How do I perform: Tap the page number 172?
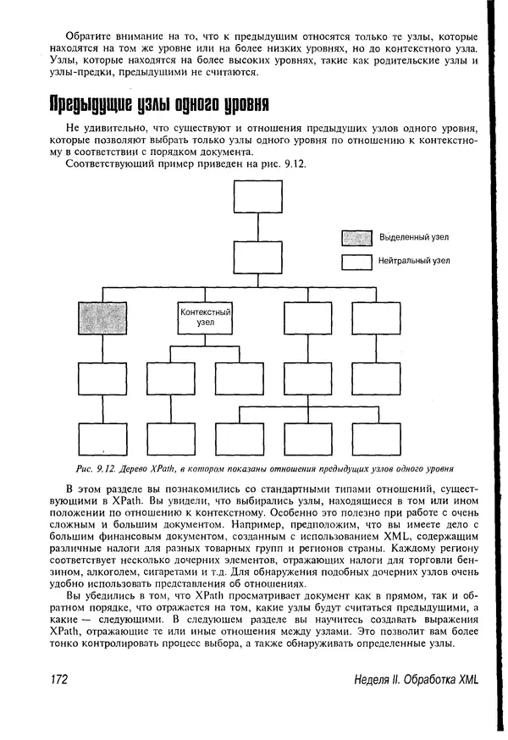click(54, 681)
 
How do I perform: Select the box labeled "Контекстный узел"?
click(206, 318)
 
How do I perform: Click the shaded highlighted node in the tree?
click(102, 318)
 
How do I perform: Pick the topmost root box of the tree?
click(258, 196)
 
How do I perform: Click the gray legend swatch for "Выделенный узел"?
click(357, 237)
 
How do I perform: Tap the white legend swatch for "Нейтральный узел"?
click(357, 262)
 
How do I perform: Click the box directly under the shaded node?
click(102, 378)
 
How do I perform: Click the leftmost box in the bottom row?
click(102, 439)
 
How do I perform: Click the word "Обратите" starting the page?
click(89, 37)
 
